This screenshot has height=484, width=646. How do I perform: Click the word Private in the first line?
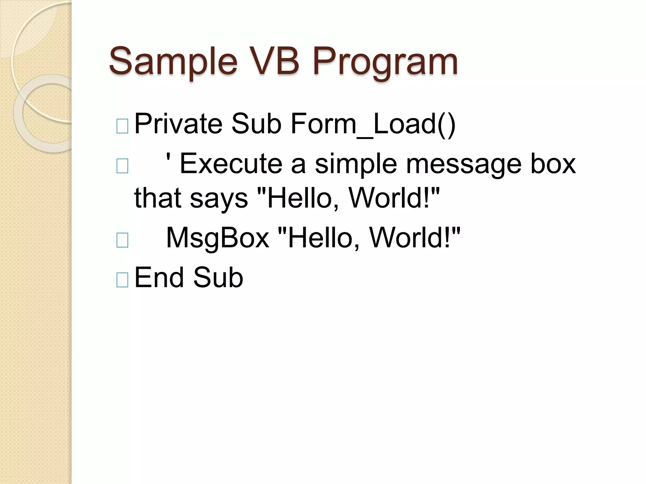178,124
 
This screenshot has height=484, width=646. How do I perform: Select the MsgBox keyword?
217,238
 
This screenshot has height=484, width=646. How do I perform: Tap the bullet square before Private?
122,126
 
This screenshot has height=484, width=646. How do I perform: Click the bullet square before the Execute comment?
122,166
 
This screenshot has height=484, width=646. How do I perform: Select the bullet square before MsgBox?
122,240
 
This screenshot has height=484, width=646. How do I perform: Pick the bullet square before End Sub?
122,280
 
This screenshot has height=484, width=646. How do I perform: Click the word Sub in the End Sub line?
218,278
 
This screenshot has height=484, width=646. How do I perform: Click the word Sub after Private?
256,124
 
